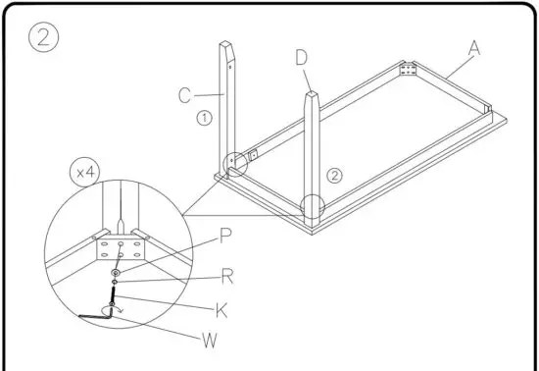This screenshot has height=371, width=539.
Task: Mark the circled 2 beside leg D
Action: coord(334,176)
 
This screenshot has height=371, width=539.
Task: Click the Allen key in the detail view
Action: coord(99,316)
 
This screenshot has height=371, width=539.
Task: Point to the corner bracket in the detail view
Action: coord(117,250)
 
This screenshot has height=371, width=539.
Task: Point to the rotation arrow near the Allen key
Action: coord(118,307)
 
